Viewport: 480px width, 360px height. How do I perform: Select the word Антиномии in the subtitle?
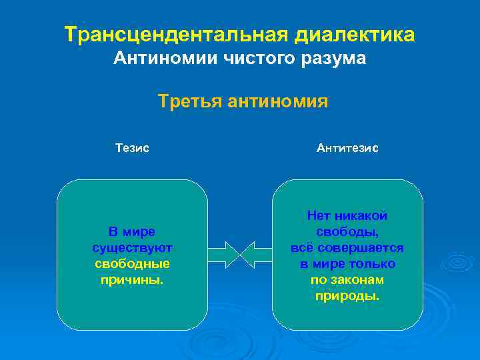click(157, 59)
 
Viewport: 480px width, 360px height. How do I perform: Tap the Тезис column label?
click(132, 148)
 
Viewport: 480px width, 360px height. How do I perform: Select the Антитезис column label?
click(347, 148)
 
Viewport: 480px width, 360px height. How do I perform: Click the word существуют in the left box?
click(132, 248)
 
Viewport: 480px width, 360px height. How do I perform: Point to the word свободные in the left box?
click(132, 264)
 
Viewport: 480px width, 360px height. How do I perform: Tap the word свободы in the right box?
click(347, 232)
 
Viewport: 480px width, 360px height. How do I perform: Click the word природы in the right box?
click(347, 296)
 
